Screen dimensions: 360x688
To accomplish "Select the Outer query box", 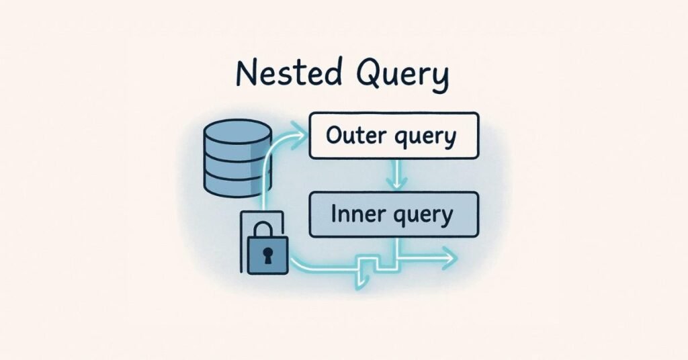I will pos(394,136).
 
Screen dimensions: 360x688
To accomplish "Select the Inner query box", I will pos(394,214).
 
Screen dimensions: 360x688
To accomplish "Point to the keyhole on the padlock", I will pos(267,256).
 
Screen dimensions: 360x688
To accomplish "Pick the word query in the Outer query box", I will pos(425,138).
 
